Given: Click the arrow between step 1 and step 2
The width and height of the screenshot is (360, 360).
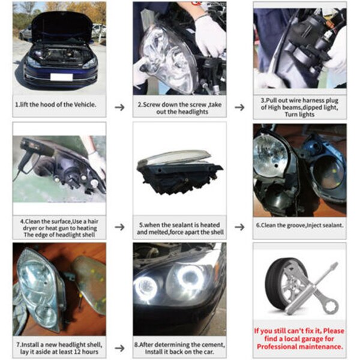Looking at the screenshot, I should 119,107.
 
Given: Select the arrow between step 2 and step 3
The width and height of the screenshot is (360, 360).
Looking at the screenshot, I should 239,107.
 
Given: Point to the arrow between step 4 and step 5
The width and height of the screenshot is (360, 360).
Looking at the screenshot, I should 119,227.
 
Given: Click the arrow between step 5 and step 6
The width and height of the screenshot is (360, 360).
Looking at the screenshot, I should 239,227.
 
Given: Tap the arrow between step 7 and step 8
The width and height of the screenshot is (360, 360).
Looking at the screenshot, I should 119,346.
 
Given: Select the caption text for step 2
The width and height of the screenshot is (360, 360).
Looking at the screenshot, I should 179,107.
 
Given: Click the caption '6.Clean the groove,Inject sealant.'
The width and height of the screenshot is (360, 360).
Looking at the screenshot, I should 299,226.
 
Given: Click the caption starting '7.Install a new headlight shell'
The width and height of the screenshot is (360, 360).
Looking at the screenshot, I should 59,346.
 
